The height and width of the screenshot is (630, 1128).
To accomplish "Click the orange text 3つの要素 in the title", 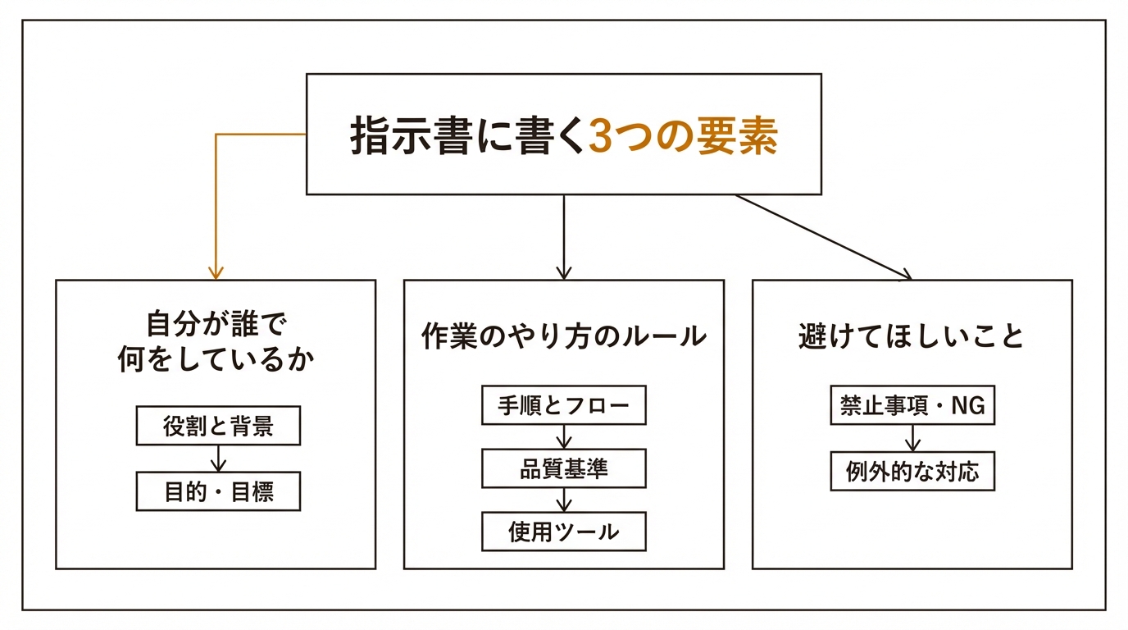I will click(x=683, y=137).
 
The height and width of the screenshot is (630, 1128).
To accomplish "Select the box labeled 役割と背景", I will click(x=218, y=427).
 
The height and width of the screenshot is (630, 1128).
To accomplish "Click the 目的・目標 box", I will click(x=218, y=492).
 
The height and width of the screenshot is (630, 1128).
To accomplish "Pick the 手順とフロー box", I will click(x=564, y=405).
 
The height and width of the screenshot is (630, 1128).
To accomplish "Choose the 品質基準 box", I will click(x=564, y=468).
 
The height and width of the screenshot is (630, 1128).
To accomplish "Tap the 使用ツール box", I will click(x=564, y=532).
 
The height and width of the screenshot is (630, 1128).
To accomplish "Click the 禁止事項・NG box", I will click(x=912, y=405).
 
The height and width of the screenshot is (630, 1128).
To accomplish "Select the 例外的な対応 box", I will click(x=912, y=472).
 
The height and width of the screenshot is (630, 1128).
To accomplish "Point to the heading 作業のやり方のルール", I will click(x=564, y=336).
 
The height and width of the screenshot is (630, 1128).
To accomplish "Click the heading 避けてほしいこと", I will click(x=912, y=336).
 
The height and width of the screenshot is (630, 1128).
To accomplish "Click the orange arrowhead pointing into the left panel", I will click(x=216, y=272).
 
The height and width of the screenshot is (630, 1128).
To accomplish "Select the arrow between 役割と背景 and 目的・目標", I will click(x=218, y=459).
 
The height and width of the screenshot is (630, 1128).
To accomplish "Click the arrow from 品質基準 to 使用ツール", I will click(x=564, y=500).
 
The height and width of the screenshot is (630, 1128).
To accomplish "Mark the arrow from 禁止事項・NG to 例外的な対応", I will click(x=912, y=438).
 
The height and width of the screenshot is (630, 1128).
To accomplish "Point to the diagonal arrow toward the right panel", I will click(x=824, y=237).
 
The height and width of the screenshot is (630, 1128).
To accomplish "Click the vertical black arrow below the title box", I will click(x=563, y=238).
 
